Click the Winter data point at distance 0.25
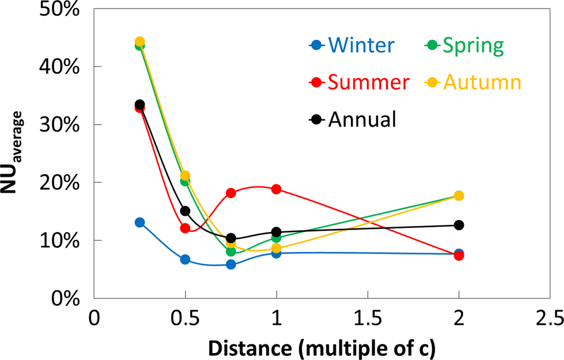point(140,222)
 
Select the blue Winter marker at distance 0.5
point(185,259)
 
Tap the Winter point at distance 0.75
point(231,264)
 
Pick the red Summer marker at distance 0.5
point(185,228)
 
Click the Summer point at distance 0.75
point(231,193)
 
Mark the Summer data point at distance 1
point(276,189)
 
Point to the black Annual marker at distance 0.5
point(185,210)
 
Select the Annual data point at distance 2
point(459,225)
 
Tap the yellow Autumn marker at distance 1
point(276,248)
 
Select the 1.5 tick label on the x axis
point(368,320)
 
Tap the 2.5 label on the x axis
point(550,320)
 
